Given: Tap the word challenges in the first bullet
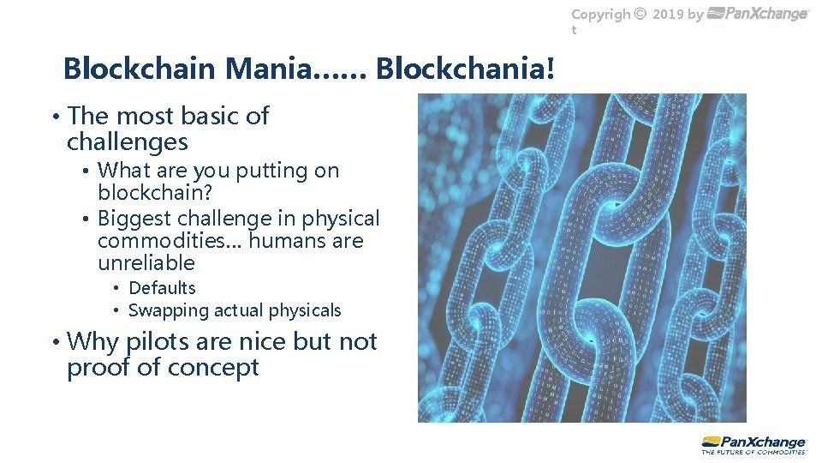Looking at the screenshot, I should tap(127, 141).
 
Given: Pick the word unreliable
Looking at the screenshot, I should tap(146, 263).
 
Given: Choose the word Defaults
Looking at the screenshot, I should tap(162, 288).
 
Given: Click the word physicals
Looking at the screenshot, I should tap(305, 310).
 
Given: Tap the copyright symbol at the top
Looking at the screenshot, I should tap(640, 15).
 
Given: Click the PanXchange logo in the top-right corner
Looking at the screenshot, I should tap(759, 14).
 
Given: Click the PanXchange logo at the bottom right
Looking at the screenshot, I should tap(753, 441).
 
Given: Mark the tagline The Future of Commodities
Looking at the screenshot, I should tap(753, 451).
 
